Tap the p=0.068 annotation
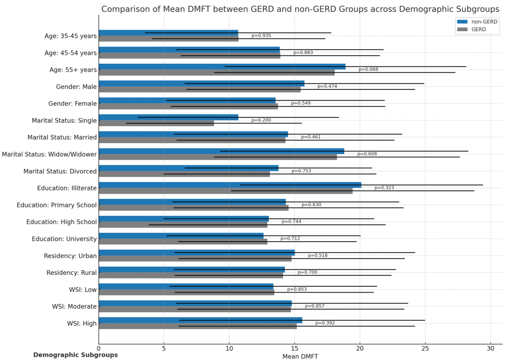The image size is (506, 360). (368, 70)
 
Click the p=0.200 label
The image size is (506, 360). (261, 120)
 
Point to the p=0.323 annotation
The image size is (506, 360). (384, 188)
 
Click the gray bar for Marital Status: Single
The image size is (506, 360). (156, 123)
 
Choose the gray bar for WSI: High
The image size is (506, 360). (198, 326)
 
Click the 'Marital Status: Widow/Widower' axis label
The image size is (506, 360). (49, 154)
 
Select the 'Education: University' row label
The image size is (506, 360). (64, 239)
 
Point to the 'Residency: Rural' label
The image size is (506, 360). (72, 273)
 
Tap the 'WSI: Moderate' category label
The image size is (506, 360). (74, 307)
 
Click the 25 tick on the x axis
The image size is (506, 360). (426, 349)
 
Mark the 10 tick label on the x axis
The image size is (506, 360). (229, 349)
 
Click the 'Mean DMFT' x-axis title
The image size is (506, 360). (300, 356)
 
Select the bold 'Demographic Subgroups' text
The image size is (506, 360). (76, 355)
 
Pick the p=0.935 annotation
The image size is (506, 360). (261, 36)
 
